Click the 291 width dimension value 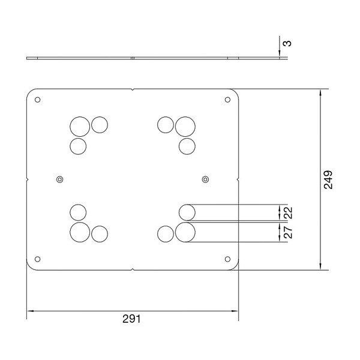131,319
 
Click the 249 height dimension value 328,179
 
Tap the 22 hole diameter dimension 288,212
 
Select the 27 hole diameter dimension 288,232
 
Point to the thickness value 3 288,43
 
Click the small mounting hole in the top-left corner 38,100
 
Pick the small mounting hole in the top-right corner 227,100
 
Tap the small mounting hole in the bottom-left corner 38,259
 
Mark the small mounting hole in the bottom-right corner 227,259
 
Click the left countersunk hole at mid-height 59,179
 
